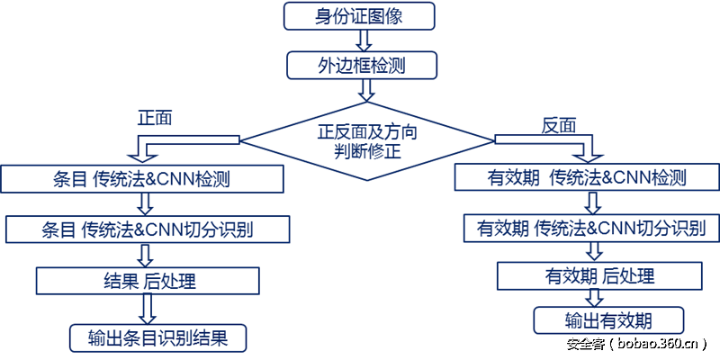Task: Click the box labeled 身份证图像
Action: point(359,15)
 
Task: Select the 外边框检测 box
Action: point(362,65)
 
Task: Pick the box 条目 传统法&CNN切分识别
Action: point(148,229)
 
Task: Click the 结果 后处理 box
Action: point(148,280)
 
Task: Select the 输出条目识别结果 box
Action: point(157,338)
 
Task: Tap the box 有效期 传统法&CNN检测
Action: point(587,177)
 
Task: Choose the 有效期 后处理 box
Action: point(599,275)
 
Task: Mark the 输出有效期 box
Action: point(608,320)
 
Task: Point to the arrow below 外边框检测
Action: point(365,90)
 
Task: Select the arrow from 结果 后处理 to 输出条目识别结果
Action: point(148,309)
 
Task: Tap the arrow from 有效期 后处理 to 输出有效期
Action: point(593,298)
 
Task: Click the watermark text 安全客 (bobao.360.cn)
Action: point(636,343)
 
